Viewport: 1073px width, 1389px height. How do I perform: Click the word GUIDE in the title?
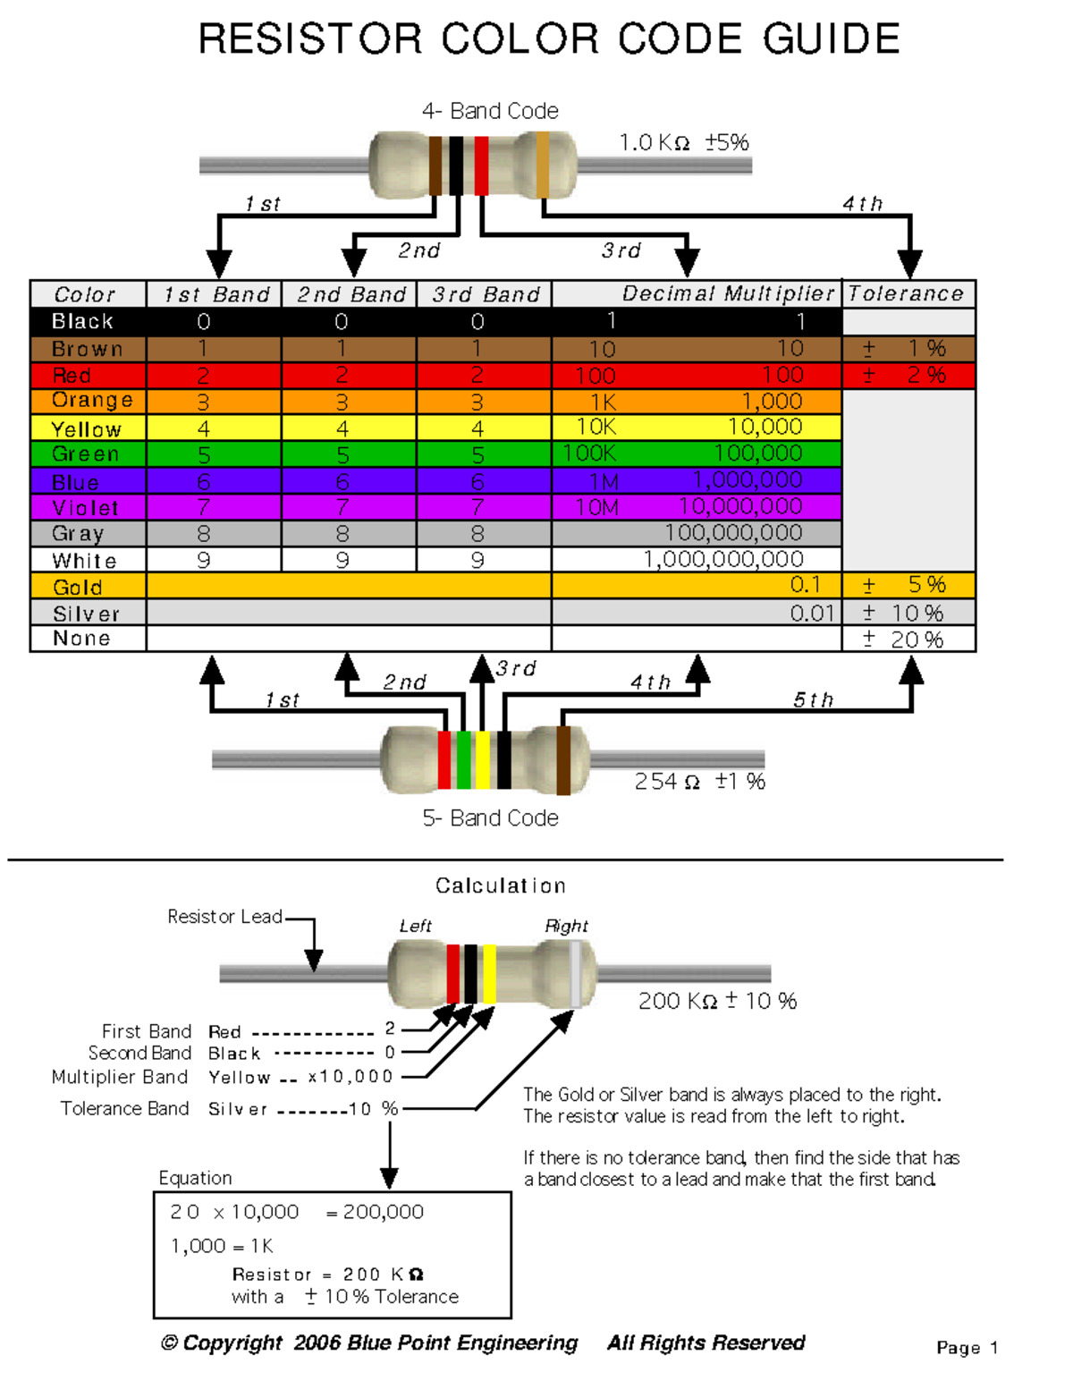pyautogui.click(x=831, y=39)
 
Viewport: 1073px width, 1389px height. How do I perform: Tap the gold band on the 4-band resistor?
pyautogui.click(x=542, y=165)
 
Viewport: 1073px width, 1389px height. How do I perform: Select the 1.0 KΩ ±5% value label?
pyautogui.click(x=684, y=142)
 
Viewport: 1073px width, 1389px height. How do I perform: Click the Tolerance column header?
pyautogui.click(x=906, y=293)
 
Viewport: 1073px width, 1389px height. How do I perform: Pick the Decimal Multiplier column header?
pyautogui.click(x=728, y=293)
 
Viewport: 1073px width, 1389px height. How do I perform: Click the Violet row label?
pyautogui.click(x=85, y=508)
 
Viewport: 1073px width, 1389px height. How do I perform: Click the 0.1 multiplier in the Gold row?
pyautogui.click(x=805, y=585)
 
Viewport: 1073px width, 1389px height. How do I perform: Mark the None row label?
pyautogui.click(x=81, y=639)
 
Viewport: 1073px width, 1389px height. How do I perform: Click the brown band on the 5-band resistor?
pyautogui.click(x=563, y=760)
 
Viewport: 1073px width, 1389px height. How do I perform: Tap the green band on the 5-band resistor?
pyautogui.click(x=463, y=759)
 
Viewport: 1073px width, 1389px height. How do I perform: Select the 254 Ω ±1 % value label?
pyautogui.click(x=699, y=782)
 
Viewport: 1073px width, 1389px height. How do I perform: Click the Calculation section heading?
pyautogui.click(x=500, y=885)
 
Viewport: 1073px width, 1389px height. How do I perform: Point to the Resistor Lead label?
pyautogui.click(x=224, y=917)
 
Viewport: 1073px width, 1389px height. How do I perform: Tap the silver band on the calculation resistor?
pyautogui.click(x=575, y=973)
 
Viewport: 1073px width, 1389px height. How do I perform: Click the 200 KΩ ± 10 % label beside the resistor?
pyautogui.click(x=717, y=1001)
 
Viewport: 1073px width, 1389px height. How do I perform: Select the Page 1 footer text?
pyautogui.click(x=967, y=1348)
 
